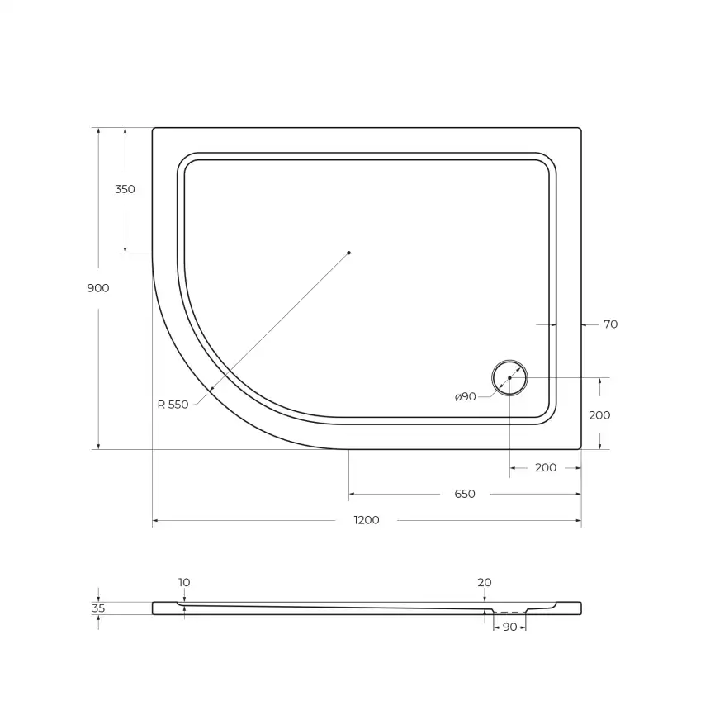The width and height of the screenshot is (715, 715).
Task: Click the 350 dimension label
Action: tap(125, 189)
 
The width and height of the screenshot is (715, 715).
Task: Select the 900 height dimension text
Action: tap(97, 288)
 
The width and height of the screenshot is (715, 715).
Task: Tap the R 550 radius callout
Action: tap(173, 405)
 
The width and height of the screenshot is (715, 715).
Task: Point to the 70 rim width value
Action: tap(610, 324)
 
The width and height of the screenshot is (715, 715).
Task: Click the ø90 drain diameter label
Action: tap(466, 397)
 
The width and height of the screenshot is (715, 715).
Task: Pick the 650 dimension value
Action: tap(465, 495)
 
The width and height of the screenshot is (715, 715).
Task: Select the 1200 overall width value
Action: tap(367, 521)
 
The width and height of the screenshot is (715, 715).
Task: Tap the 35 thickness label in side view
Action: tap(98, 608)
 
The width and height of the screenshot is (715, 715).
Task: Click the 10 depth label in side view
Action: tap(183, 583)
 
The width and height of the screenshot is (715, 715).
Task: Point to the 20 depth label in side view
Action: tap(485, 583)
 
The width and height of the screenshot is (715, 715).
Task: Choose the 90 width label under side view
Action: tap(509, 627)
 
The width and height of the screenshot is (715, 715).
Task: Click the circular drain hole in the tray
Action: tap(509, 378)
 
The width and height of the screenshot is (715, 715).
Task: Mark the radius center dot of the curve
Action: tap(349, 253)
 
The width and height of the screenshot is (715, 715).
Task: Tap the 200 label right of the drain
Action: tap(599, 415)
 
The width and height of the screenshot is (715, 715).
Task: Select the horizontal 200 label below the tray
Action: tap(546, 468)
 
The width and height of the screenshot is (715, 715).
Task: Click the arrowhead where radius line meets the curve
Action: tap(211, 389)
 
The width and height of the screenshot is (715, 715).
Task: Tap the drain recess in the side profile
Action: tap(509, 612)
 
